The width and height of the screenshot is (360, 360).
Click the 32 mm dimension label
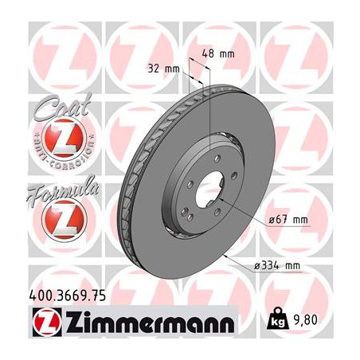pyautogui.click(x=163, y=69)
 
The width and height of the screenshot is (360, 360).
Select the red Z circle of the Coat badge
pyautogui.click(x=53, y=139)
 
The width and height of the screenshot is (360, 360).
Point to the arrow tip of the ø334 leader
pyautogui.click(x=229, y=257)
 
